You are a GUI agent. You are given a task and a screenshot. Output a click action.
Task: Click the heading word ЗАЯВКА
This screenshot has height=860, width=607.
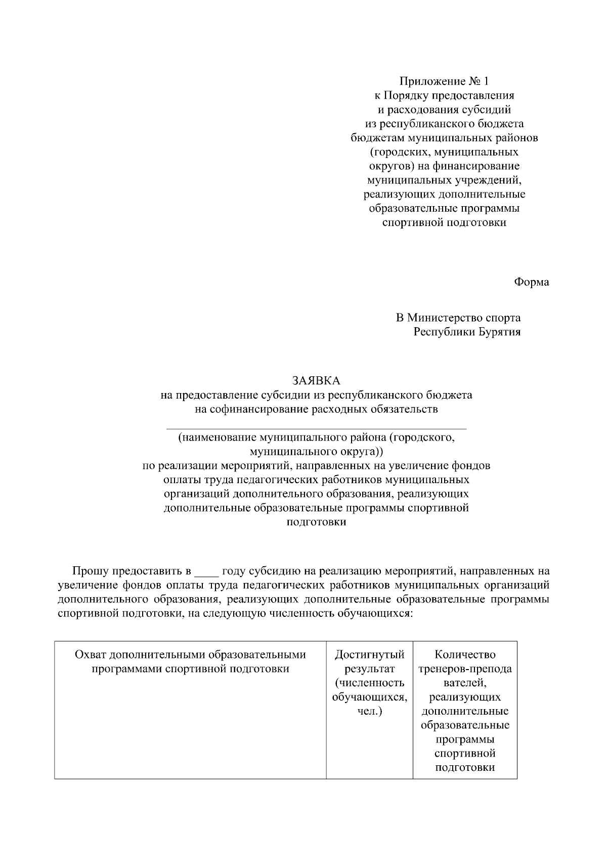pyautogui.click(x=316, y=380)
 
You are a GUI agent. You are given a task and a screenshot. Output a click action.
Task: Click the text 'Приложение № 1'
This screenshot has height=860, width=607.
pyautogui.click(x=444, y=81)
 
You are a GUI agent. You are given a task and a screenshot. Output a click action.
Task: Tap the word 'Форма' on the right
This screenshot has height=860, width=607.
pyautogui.click(x=531, y=282)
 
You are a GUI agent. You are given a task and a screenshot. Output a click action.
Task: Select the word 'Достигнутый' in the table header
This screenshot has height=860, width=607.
pyautogui.click(x=369, y=655)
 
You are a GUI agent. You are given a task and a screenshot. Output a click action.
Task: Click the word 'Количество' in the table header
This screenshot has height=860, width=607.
pyautogui.click(x=465, y=655)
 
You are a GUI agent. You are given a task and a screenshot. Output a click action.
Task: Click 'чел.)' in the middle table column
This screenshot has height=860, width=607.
pyautogui.click(x=369, y=712)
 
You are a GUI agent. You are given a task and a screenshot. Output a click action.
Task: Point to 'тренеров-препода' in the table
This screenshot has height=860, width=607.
pyautogui.click(x=465, y=669)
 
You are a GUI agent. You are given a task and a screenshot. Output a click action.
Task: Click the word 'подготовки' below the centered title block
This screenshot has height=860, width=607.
pyautogui.click(x=316, y=522)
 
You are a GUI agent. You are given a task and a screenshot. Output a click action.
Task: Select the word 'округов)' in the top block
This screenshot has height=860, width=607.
pyautogui.click(x=389, y=166)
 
